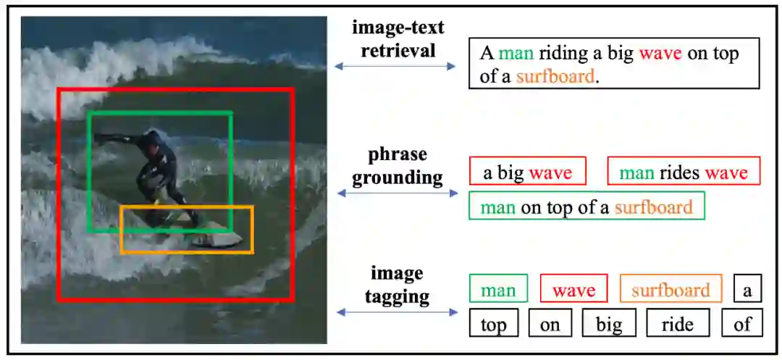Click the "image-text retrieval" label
coord(398,39)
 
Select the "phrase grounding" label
coord(398,166)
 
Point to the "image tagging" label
coord(397,285)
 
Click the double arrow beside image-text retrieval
coord(395,67)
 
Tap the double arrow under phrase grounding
coord(398,193)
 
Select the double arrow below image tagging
coord(398,312)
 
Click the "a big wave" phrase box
coord(527,172)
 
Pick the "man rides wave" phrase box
coord(684,172)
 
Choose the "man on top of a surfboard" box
coord(586,207)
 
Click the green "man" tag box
coord(498,290)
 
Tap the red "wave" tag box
coord(573,290)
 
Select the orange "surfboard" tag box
coord(670,290)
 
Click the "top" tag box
coord(493,324)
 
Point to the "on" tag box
coord(550,324)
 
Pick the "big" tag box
coord(608,324)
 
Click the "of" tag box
coord(742,324)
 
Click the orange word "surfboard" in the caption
coord(555,75)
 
